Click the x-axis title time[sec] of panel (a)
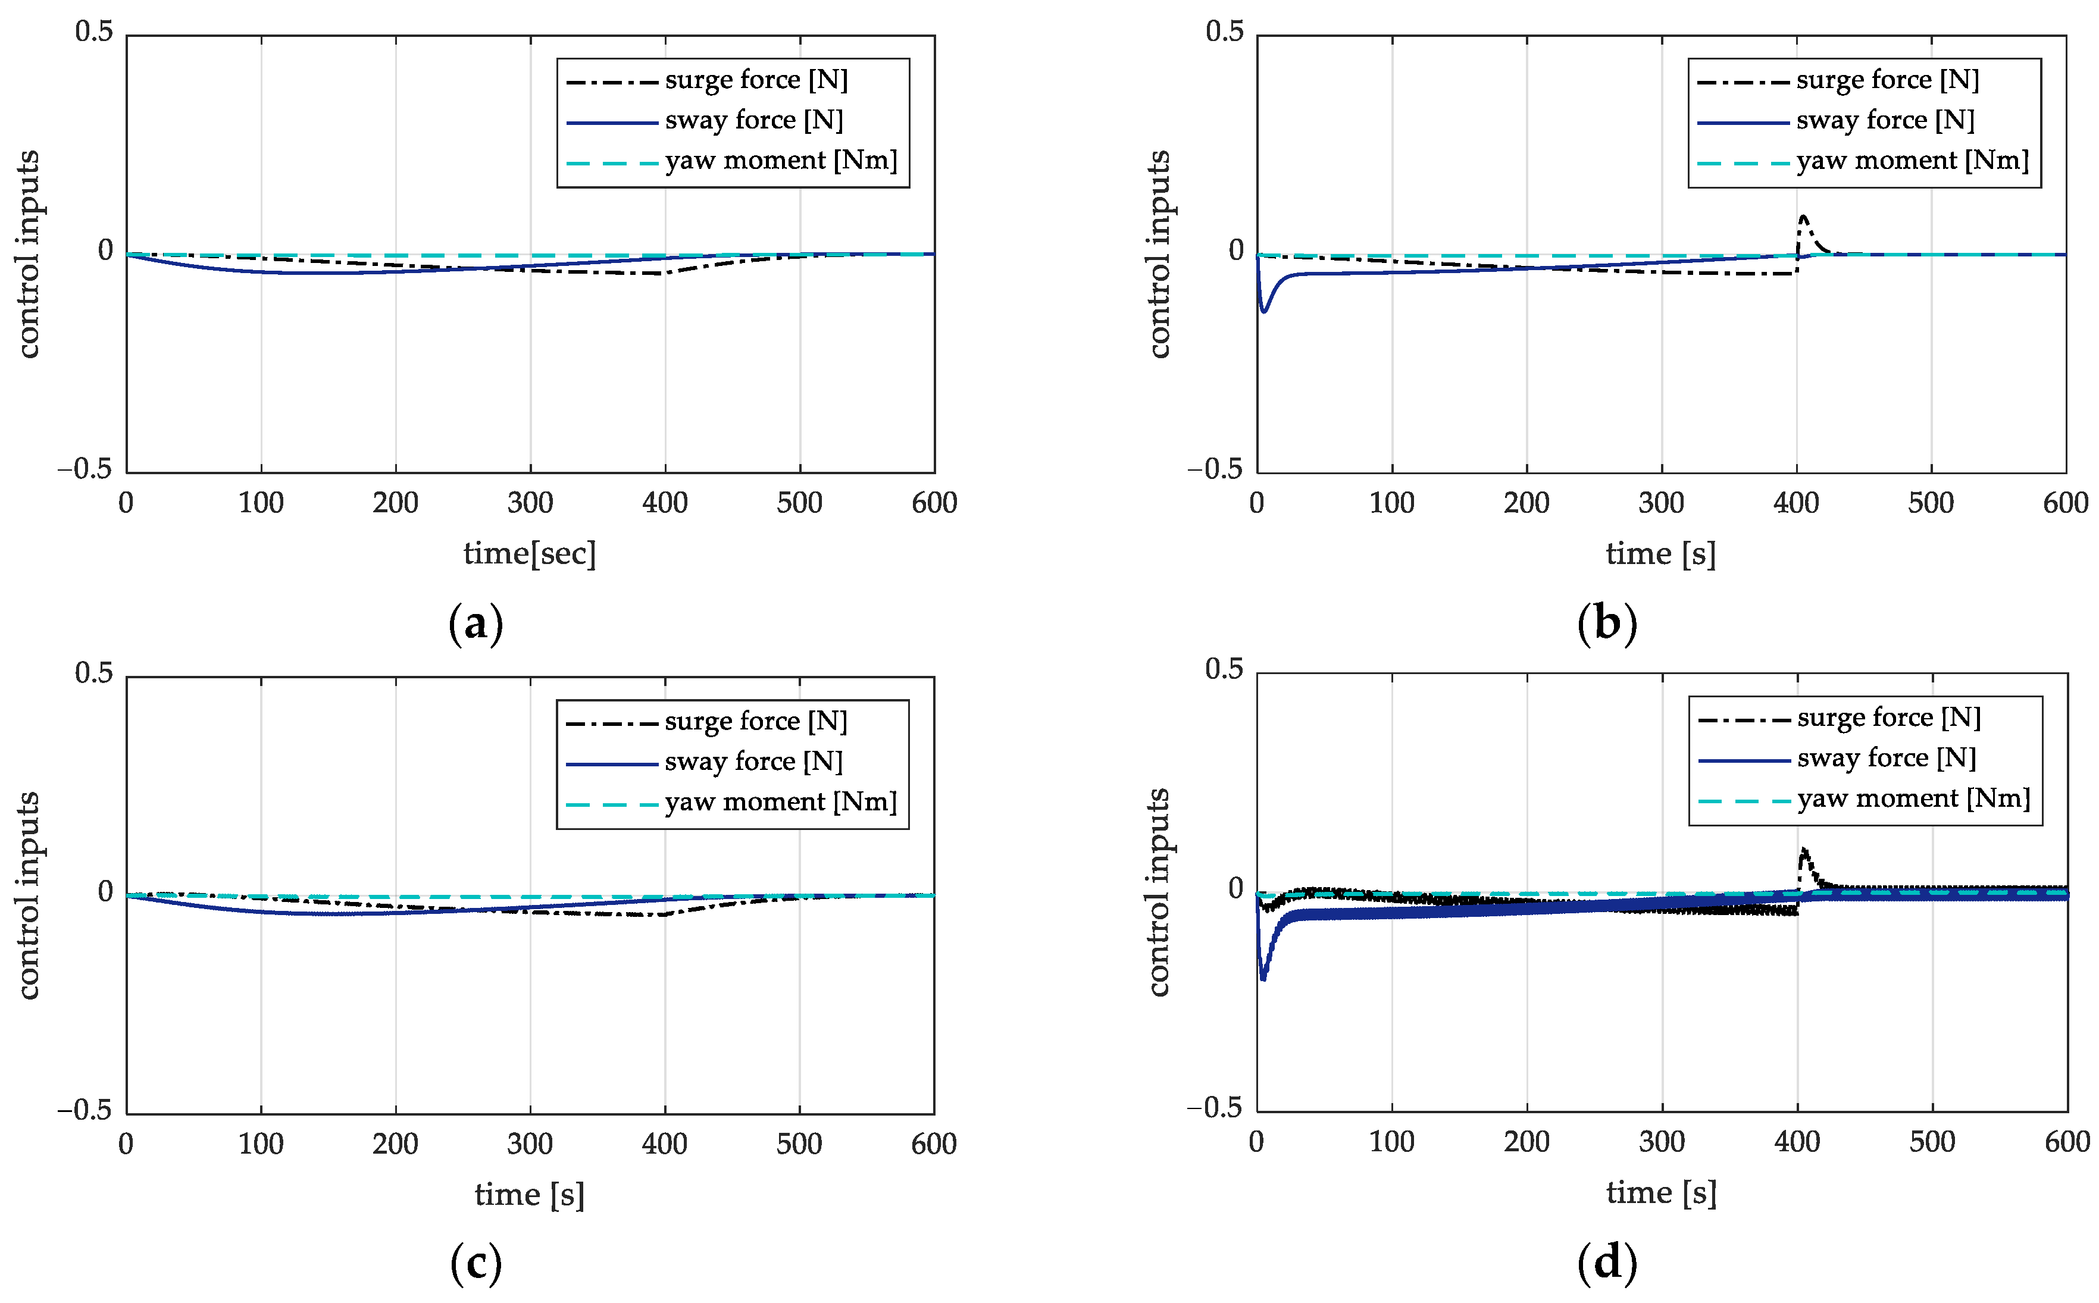tap(529, 553)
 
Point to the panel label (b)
tap(1606, 622)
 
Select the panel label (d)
tap(1606, 1263)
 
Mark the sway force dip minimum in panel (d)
tap(1263, 979)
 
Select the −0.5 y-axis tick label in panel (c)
tap(85, 1110)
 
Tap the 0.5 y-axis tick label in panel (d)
tap(1224, 669)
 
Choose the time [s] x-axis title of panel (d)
tap(1660, 1193)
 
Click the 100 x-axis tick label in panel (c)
tap(260, 1144)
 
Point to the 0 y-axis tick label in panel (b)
tap(1235, 250)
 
